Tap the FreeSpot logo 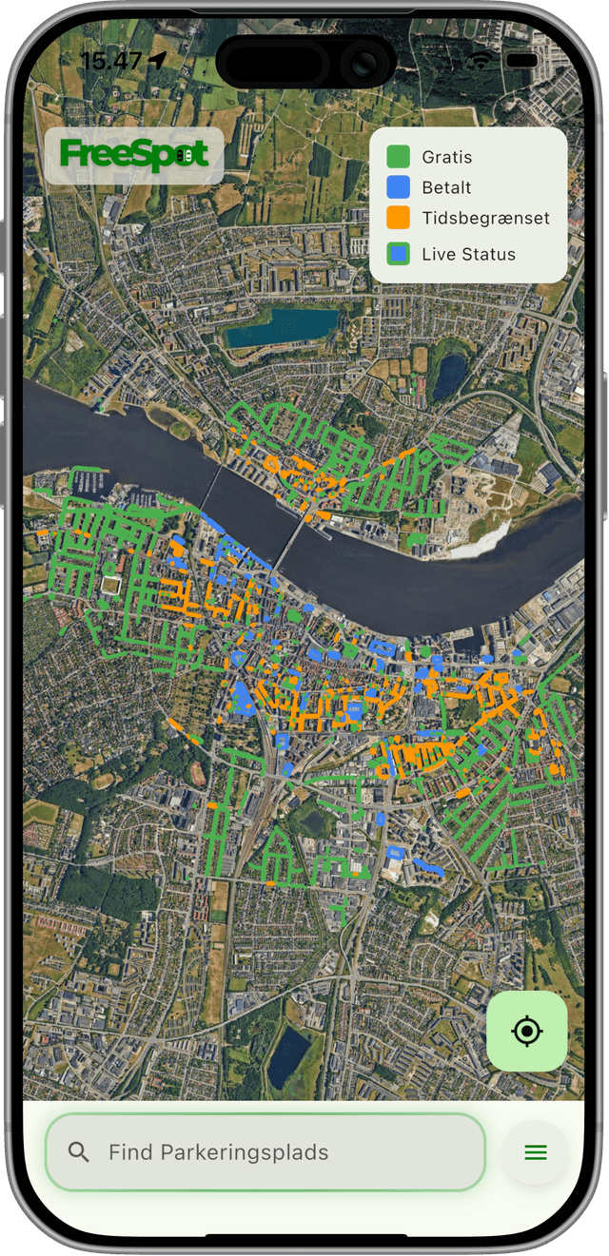click(133, 154)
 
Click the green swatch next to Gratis click(399, 157)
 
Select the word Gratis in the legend click(446, 157)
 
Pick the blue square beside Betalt click(399, 187)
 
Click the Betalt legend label click(446, 187)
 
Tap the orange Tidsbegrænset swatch click(399, 218)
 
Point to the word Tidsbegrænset click(485, 218)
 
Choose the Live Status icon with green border click(399, 254)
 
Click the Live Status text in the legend click(468, 254)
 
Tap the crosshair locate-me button click(526, 1031)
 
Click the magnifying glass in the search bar click(79, 1152)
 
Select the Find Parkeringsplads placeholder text click(218, 1152)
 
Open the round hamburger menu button click(536, 1152)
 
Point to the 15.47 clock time click(110, 61)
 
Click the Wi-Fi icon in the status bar click(481, 59)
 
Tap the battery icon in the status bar click(522, 60)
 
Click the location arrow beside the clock click(158, 60)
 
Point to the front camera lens click(364, 63)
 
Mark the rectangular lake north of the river click(281, 328)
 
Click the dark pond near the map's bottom click(288, 1057)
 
